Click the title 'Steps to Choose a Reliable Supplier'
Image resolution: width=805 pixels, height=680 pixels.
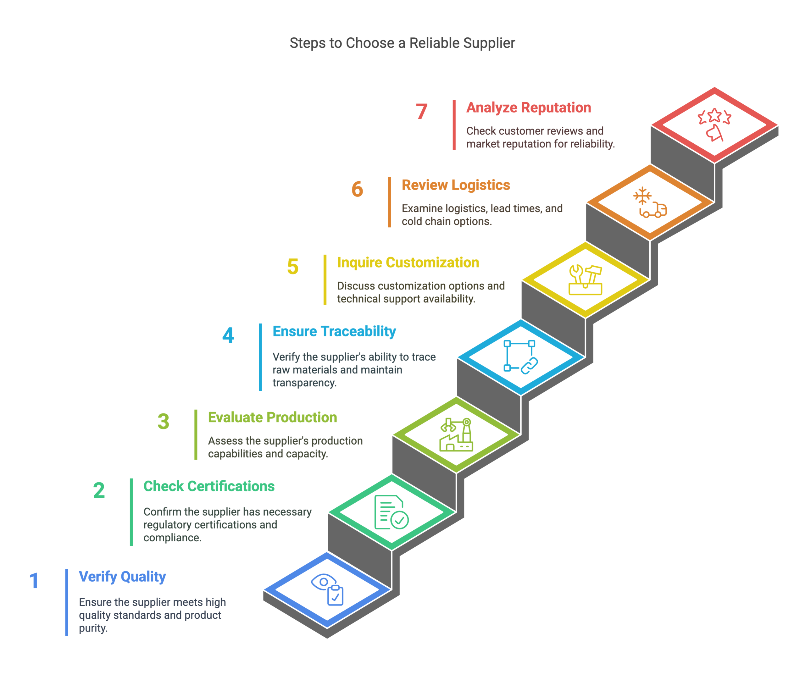point(402,43)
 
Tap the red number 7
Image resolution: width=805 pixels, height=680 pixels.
point(421,112)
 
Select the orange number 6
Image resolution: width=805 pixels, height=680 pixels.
point(357,189)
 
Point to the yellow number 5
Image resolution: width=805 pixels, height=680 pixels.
point(293,267)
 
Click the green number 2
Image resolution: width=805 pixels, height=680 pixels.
point(99,490)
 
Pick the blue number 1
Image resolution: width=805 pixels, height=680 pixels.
point(34,581)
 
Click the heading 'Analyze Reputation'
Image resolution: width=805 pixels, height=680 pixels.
point(529,108)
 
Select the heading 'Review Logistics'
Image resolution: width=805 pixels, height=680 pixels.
point(456,185)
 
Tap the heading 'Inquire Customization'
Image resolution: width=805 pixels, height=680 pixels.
point(408,263)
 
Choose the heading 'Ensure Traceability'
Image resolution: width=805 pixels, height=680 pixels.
point(334,332)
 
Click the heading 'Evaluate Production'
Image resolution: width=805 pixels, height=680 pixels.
point(273,417)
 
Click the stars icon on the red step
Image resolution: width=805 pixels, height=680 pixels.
point(714,116)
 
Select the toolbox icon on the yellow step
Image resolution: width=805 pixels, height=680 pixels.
point(585,280)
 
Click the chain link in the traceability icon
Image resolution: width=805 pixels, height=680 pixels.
point(529,365)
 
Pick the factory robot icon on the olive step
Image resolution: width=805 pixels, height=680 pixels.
point(456,434)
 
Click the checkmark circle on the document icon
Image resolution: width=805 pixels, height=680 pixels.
point(399,520)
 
